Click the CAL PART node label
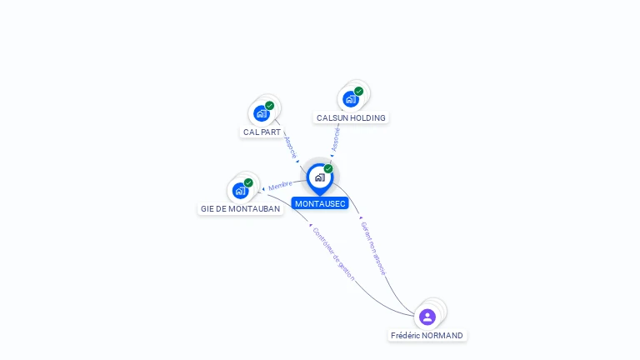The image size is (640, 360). (x=262, y=132)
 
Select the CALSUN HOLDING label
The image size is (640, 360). (x=351, y=118)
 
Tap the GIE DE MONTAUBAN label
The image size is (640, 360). (x=240, y=209)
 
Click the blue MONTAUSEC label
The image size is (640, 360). (x=320, y=203)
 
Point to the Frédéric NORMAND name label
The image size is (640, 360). (x=427, y=336)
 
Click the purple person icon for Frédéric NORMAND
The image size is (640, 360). (x=427, y=317)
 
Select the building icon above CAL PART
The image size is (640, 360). (x=262, y=113)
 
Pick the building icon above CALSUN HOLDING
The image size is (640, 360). (x=351, y=99)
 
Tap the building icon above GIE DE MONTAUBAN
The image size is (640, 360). (x=240, y=191)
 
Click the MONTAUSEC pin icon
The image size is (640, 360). (x=320, y=178)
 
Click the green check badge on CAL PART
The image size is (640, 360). (x=269, y=106)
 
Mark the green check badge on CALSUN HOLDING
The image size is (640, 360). (x=359, y=92)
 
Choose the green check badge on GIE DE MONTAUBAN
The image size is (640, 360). (x=248, y=182)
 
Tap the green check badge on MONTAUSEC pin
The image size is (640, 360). (x=328, y=168)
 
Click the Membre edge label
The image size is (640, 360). (x=280, y=185)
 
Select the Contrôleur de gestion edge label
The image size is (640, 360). (x=333, y=254)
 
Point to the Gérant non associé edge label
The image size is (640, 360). (x=373, y=248)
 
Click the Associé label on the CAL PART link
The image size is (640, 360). (x=290, y=147)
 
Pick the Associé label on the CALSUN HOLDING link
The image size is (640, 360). (x=336, y=140)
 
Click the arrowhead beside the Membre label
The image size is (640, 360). (x=263, y=189)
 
